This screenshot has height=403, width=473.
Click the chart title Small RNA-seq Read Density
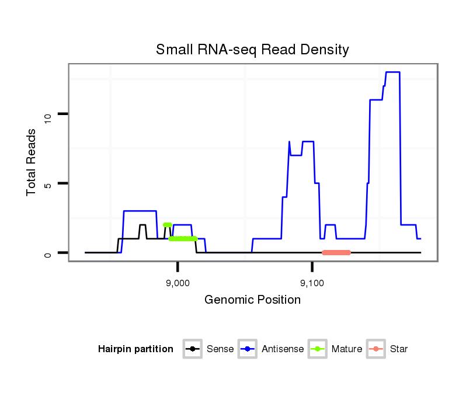[252, 50]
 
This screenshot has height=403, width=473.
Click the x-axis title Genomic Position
[252, 300]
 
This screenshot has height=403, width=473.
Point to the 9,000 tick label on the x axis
[177, 283]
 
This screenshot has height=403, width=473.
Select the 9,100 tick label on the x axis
[312, 283]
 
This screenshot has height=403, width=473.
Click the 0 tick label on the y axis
[48, 254]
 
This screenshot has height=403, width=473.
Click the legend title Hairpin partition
[135, 349]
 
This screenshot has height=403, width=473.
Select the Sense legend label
[220, 349]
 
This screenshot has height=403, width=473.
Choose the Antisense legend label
[283, 349]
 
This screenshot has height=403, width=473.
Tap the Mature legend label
[347, 349]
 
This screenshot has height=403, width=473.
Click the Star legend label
[399, 349]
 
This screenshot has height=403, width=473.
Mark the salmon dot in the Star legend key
[377, 349]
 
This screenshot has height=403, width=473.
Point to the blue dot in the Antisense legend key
[248, 349]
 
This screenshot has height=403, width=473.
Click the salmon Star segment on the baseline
[336, 252]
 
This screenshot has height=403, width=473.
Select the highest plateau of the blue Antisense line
[392, 72]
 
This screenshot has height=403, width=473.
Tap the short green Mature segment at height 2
[168, 225]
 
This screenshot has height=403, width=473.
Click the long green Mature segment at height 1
[183, 238]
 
